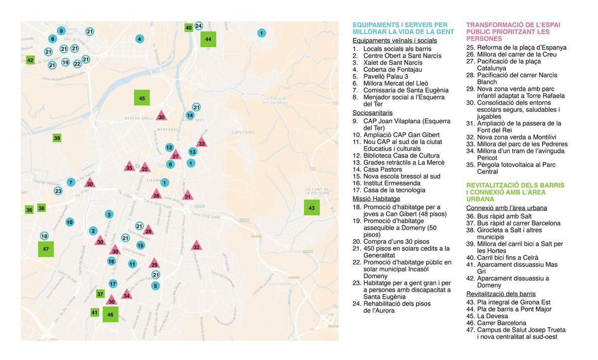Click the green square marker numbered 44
tap(208, 39)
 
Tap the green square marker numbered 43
tap(311, 208)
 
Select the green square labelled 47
tap(46, 249)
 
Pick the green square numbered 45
tap(142, 98)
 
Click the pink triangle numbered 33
tap(201, 143)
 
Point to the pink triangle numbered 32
tap(196, 246)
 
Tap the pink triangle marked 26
tap(156, 195)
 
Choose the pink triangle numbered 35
tap(129, 167)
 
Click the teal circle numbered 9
tap(61, 31)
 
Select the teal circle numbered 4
tap(139, 39)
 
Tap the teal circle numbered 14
tap(190, 115)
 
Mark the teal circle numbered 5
tap(155, 286)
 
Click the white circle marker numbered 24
tap(198, 26)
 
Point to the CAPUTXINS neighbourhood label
tap(244, 132)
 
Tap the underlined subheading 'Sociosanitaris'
tap(372, 113)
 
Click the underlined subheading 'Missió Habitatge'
tap(376, 198)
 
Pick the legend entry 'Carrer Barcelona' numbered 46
tap(501, 323)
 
